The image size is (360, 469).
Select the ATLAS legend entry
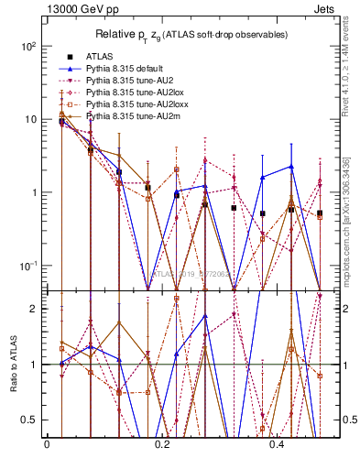111,57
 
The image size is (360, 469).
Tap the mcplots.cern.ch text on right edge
351,211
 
